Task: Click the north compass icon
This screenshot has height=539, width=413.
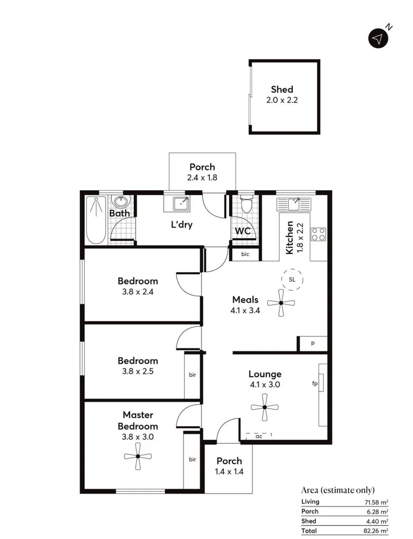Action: coord(379,38)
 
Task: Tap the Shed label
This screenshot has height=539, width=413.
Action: coord(282,89)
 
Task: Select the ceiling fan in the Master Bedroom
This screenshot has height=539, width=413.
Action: coord(137,458)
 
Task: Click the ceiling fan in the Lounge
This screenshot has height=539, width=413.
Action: coord(264,408)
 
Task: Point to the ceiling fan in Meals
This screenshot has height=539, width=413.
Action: coord(281,303)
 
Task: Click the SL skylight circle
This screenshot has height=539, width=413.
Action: coord(292,279)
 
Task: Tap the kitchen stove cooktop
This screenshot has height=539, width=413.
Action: coord(318,234)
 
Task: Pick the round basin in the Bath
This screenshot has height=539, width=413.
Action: coord(120,202)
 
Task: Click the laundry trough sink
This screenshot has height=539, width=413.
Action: coord(180,204)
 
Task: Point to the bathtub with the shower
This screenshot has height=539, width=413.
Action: coord(95,220)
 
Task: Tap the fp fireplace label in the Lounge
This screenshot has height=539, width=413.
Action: coord(315,384)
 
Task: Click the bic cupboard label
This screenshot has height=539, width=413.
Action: coord(244,254)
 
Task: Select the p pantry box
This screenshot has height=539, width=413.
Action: coord(313,344)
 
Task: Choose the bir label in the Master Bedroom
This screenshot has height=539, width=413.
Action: coord(192,459)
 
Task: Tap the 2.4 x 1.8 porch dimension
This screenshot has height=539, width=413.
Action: coord(202,177)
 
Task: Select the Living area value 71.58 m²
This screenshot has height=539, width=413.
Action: coord(377,502)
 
